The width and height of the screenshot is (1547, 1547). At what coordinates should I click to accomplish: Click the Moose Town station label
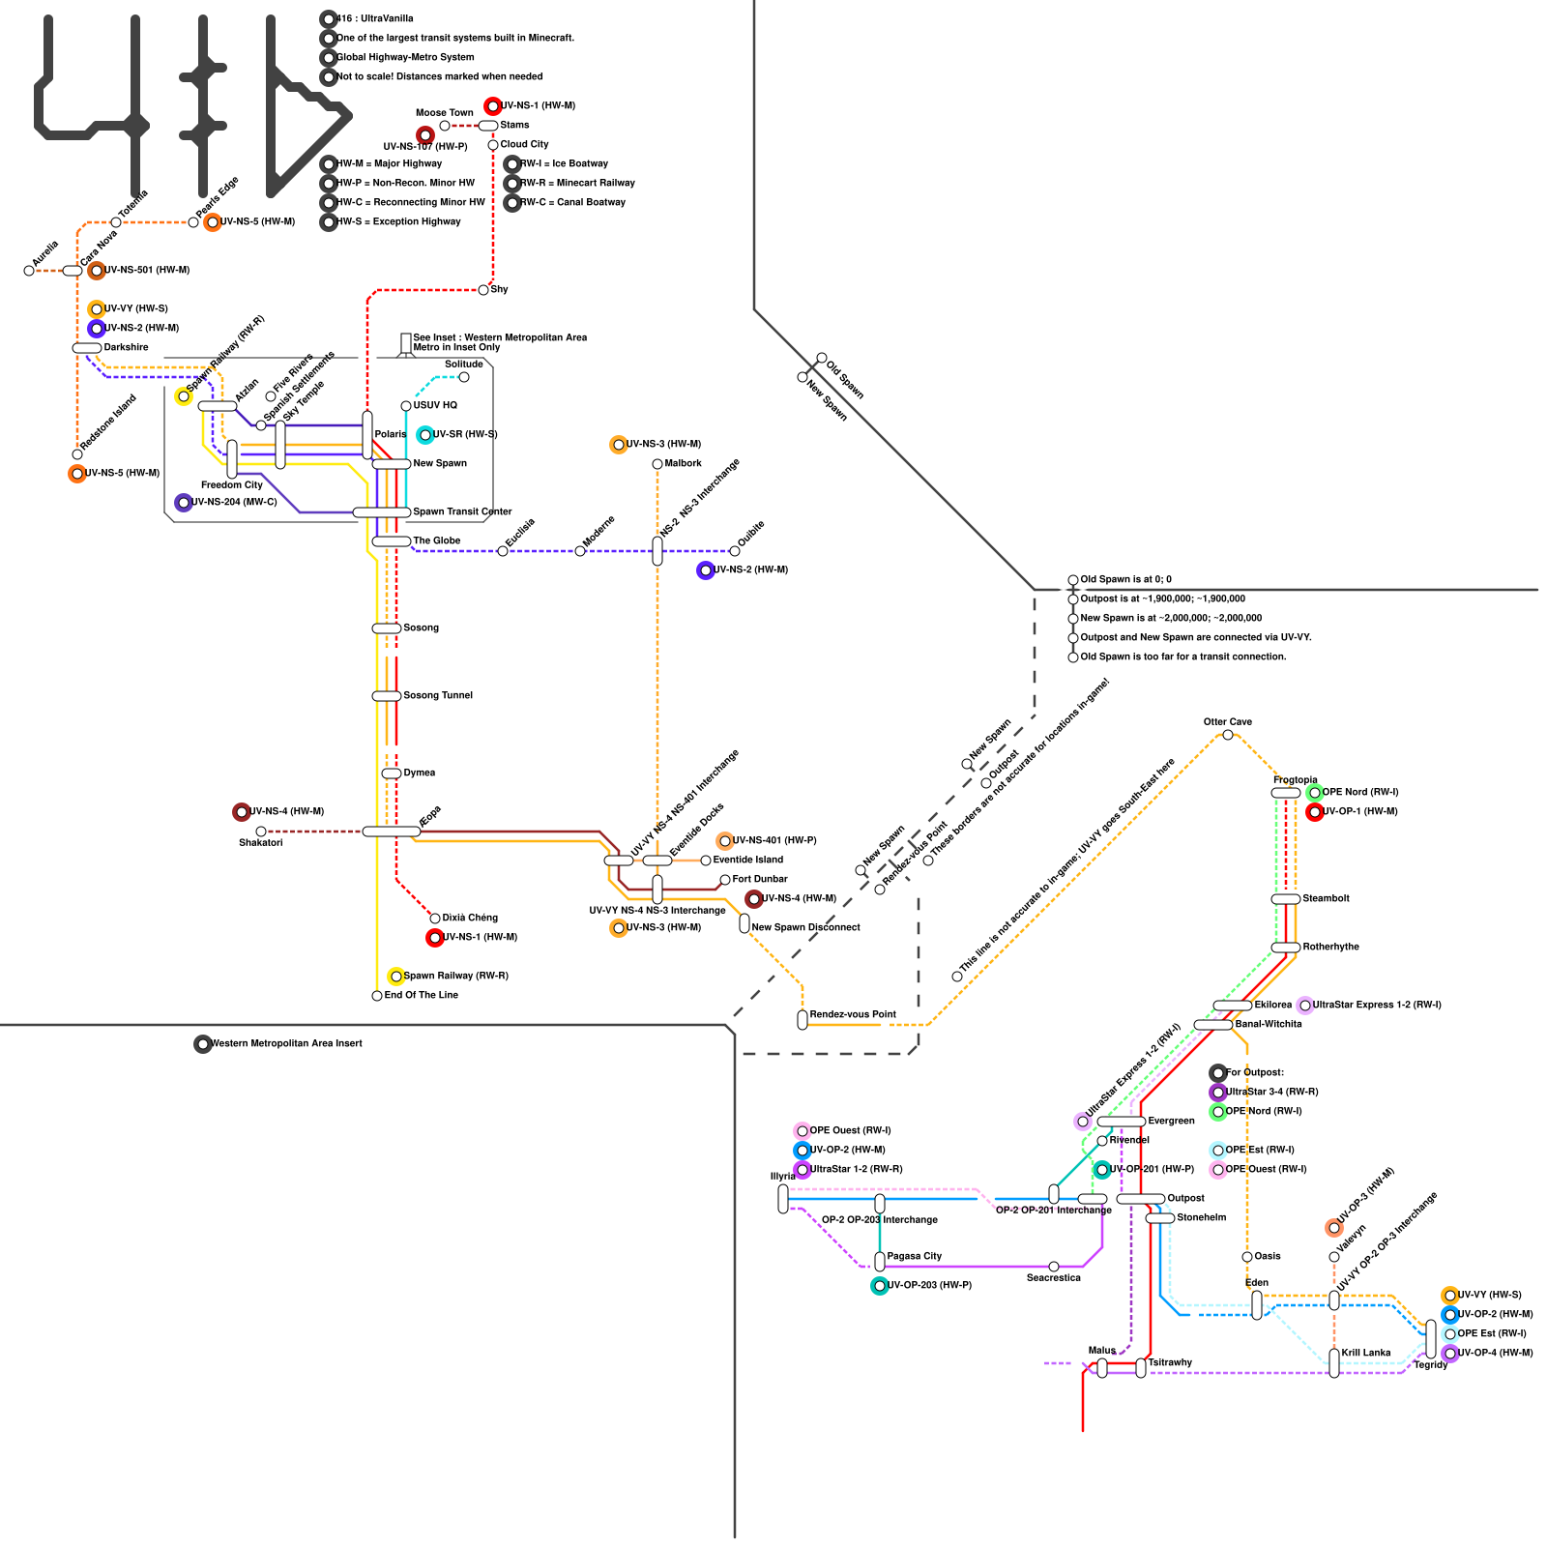point(444,113)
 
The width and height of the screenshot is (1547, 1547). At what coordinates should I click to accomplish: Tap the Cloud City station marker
point(493,145)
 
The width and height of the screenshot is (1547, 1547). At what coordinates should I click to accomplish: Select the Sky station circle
point(483,290)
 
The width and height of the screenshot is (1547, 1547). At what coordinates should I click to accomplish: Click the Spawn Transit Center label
point(462,512)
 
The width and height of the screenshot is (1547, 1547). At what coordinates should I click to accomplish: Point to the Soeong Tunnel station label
point(438,696)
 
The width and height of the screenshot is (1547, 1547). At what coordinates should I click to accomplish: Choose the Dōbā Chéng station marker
point(435,919)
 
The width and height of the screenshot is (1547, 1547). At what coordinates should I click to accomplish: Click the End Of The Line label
point(422,996)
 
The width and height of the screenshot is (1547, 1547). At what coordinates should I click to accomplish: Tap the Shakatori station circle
point(261,832)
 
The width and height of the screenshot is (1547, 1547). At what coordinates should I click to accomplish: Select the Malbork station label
point(684,464)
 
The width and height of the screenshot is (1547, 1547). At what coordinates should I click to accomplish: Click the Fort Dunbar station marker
point(725,880)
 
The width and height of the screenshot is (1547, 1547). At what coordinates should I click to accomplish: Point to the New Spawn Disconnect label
point(805,928)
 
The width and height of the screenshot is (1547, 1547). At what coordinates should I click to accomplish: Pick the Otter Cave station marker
point(1228,735)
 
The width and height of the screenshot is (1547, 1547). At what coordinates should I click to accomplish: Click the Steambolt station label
point(1326,899)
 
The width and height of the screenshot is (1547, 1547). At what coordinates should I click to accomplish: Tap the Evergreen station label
point(1171,1122)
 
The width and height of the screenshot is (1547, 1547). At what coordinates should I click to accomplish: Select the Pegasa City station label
point(914,1257)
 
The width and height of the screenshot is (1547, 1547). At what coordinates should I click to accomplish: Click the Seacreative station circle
point(1054,1267)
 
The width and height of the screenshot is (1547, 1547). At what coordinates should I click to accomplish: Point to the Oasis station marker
point(1247,1257)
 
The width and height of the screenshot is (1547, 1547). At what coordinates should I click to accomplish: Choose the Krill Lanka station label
point(1365,1354)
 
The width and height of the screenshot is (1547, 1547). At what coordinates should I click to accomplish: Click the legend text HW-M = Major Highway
point(390,164)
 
